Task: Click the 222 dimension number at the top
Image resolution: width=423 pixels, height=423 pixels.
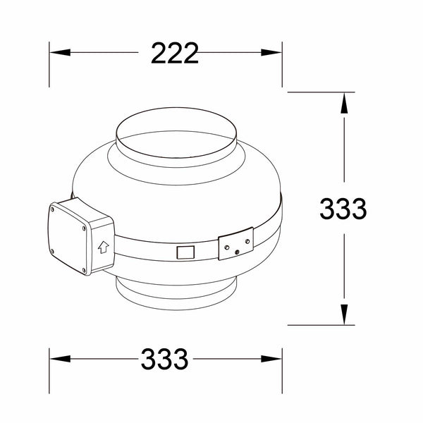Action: tap(175, 53)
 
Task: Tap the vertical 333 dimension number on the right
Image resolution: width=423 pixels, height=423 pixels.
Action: tap(343, 208)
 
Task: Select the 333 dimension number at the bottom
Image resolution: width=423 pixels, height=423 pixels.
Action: tap(164, 359)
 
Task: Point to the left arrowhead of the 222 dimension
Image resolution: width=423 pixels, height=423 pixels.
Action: tap(60, 52)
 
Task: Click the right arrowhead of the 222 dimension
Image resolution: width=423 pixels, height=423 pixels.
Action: tap(271, 52)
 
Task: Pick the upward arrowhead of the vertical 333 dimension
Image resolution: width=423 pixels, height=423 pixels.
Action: tap(344, 103)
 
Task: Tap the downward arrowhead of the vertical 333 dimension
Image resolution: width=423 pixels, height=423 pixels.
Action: tap(344, 314)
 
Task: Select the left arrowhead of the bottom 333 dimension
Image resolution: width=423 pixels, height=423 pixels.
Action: tap(60, 359)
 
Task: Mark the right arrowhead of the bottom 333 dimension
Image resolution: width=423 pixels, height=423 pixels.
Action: tap(271, 359)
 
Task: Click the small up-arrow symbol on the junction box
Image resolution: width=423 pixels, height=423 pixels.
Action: tap(104, 247)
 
